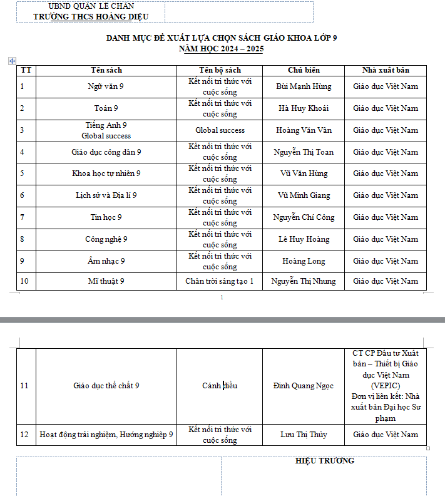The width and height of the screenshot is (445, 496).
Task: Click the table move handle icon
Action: click(x=12, y=61)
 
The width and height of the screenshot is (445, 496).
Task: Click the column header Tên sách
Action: click(x=106, y=70)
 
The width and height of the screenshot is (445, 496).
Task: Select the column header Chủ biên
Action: click(x=304, y=70)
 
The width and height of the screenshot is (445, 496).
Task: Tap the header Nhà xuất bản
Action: click(x=386, y=70)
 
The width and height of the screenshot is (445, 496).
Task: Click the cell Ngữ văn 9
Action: click(x=106, y=86)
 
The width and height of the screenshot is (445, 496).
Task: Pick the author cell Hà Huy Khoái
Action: click(x=304, y=108)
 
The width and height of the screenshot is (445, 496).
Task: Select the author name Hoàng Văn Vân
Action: click(x=304, y=130)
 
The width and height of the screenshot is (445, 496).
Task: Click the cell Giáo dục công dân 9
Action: click(x=106, y=152)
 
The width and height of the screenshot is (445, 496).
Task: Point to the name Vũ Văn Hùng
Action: click(x=304, y=173)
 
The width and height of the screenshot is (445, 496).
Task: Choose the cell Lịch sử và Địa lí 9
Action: click(x=106, y=195)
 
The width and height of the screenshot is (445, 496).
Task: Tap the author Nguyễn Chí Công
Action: click(x=304, y=217)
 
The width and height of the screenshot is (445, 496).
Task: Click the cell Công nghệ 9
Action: click(x=106, y=239)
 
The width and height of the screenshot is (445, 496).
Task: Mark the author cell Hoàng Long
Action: click(x=304, y=261)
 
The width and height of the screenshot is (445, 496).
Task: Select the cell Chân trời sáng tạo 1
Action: click(x=220, y=281)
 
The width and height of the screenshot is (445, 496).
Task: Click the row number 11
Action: click(x=24, y=386)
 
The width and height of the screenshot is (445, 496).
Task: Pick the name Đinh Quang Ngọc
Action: click(x=304, y=386)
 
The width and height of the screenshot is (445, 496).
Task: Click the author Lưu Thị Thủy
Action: click(x=304, y=435)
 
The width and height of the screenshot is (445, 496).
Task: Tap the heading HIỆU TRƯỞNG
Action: click(x=324, y=461)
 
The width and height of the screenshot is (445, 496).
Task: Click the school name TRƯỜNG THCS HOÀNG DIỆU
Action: click(x=91, y=17)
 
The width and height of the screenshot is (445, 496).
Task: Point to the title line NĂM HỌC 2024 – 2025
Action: click(x=222, y=48)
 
